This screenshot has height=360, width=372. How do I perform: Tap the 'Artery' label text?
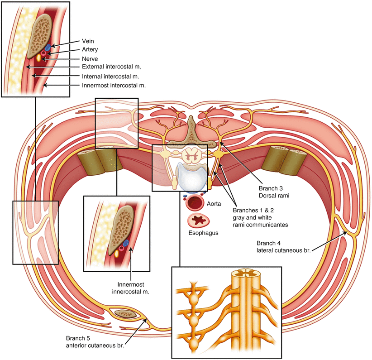coord(83,49)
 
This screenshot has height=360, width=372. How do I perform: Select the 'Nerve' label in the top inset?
coord(83,58)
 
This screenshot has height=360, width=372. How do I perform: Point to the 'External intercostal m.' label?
coord(108,67)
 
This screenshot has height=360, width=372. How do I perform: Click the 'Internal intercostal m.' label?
coord(107,76)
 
